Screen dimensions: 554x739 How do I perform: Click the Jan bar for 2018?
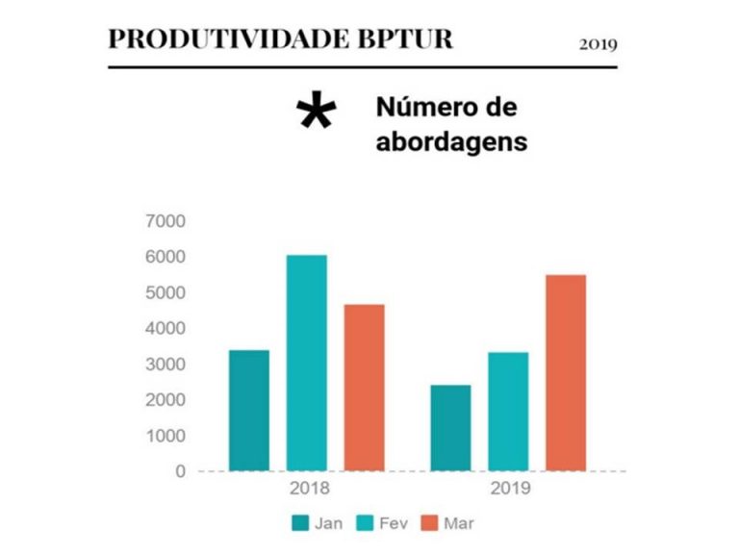click(x=249, y=410)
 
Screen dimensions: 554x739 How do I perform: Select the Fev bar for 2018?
click(x=307, y=363)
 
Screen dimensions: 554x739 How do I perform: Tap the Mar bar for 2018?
click(x=365, y=387)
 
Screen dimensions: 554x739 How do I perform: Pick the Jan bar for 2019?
click(x=450, y=428)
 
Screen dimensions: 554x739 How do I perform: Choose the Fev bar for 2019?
click(x=508, y=411)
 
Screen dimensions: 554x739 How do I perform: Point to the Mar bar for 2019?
click(x=566, y=372)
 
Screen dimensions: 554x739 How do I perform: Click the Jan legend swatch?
click(x=300, y=523)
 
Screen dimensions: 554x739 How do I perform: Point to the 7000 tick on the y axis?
click(x=166, y=221)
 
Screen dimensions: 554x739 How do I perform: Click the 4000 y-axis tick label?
click(x=166, y=328)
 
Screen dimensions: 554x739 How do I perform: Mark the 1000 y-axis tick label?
click(x=166, y=435)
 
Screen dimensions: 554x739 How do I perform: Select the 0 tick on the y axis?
click(x=180, y=471)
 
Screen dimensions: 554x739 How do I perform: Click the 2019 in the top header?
click(x=598, y=43)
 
